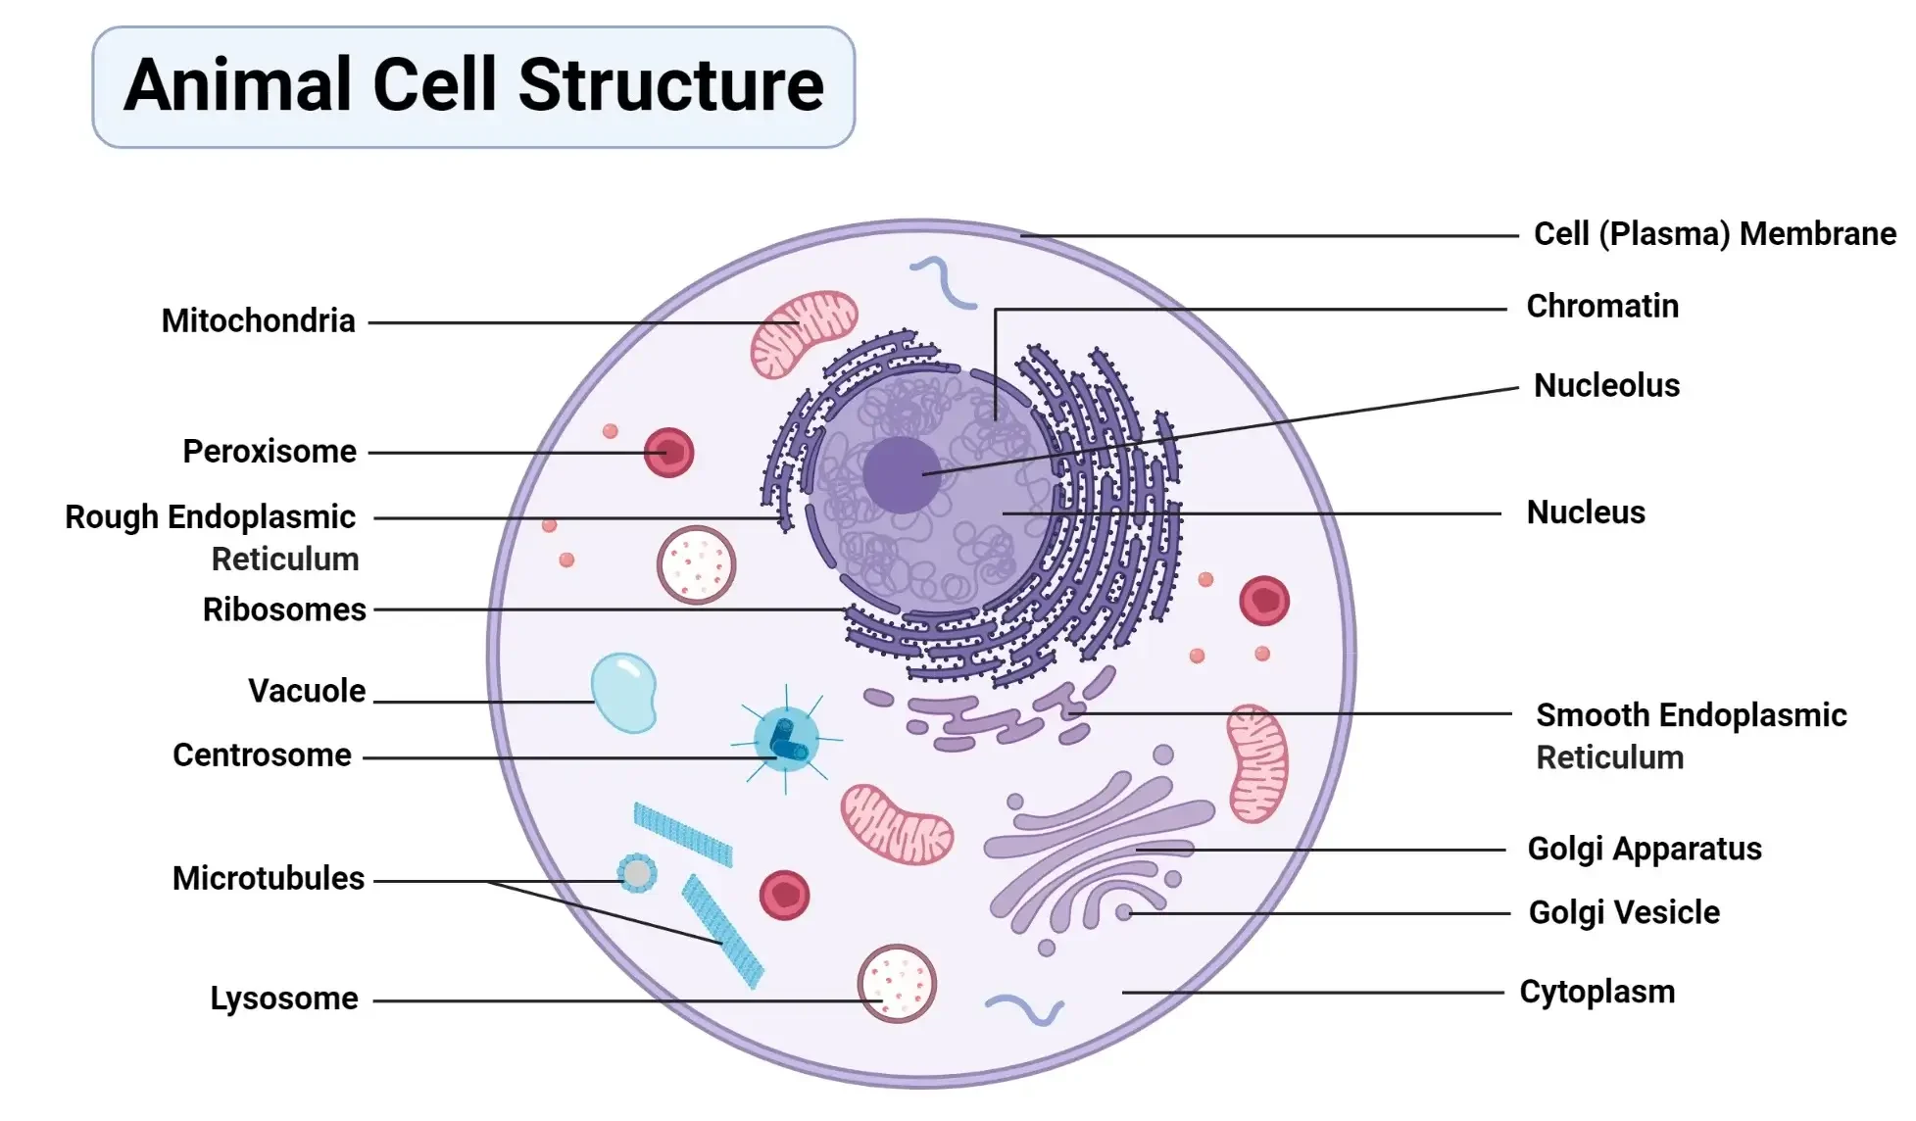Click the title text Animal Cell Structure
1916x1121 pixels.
(x=473, y=85)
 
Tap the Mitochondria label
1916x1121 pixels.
(x=258, y=320)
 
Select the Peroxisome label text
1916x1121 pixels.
(x=270, y=452)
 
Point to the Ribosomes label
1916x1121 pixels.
(x=284, y=609)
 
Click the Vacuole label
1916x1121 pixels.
(x=307, y=691)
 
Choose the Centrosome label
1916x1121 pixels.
(x=262, y=755)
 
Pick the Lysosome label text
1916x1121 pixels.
(x=284, y=999)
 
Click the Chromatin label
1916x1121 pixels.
(x=1602, y=307)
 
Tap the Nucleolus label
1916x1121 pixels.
(x=1606, y=386)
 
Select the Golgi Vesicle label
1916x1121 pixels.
(x=1624, y=913)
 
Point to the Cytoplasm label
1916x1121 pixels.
(x=1597, y=993)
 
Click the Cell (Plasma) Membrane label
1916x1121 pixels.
(x=1715, y=234)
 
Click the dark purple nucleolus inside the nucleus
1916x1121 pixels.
(x=902, y=475)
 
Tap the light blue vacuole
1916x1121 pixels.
(x=624, y=693)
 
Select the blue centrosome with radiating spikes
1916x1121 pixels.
(x=786, y=739)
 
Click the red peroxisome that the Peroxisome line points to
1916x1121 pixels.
(x=668, y=453)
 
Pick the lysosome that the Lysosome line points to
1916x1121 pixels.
(x=897, y=984)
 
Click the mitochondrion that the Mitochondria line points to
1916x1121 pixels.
(x=804, y=333)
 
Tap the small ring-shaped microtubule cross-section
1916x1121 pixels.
(x=637, y=873)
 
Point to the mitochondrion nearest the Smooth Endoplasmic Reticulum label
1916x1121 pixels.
(x=1257, y=763)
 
